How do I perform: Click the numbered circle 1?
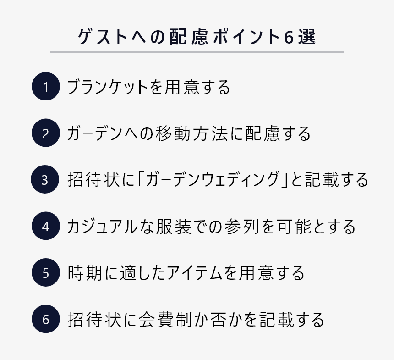[x=46, y=86]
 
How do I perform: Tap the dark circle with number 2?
[x=46, y=133]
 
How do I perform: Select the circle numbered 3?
[x=45, y=179]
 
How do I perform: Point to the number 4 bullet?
[x=46, y=226]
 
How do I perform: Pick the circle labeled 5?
[x=46, y=272]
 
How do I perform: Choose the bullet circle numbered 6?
[x=46, y=319]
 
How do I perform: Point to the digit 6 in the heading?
[x=289, y=37]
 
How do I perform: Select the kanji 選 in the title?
[x=307, y=37]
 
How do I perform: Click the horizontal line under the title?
[x=197, y=52]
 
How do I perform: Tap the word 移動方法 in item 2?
[x=192, y=133]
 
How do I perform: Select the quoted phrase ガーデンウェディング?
[x=213, y=180]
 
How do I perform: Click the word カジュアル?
[x=103, y=227]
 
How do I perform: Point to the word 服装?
[x=174, y=227]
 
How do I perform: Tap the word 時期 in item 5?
[x=85, y=273]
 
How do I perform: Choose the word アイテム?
[x=195, y=273]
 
